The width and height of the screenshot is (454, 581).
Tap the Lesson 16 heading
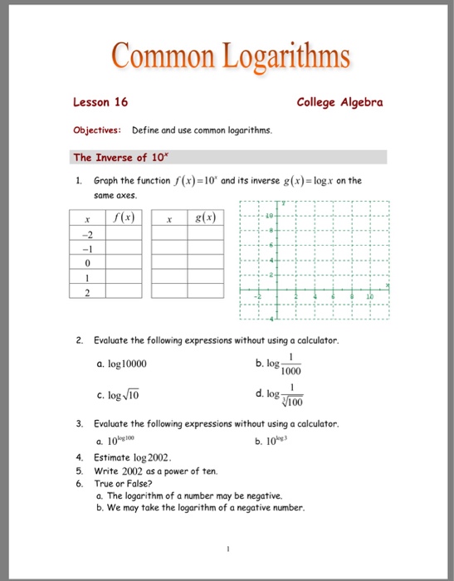pyautogui.click(x=100, y=102)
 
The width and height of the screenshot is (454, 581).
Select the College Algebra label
pyautogui.click(x=339, y=102)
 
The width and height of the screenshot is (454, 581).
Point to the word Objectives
pyautogui.click(x=97, y=130)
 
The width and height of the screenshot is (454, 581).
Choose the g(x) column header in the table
pyautogui.click(x=204, y=218)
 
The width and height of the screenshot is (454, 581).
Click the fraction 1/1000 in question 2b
pyautogui.click(x=290, y=364)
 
